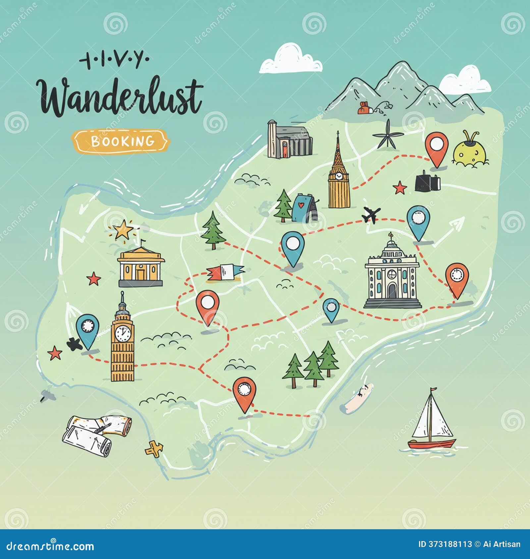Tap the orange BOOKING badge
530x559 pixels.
point(121,141)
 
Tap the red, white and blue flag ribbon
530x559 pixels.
point(225,273)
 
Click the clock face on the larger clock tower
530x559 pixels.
point(123,333)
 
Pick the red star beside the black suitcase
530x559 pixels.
point(400,188)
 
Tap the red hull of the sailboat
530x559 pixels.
point(431,443)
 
